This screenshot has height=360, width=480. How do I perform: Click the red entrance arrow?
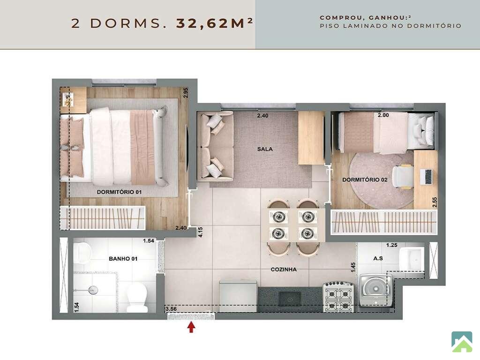(x=191, y=327)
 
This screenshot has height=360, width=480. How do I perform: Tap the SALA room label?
(x=265, y=149)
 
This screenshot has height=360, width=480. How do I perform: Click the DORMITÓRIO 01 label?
(x=119, y=192)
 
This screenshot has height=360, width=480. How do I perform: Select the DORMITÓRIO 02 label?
(x=365, y=180)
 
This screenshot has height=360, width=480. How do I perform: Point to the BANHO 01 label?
(x=123, y=259)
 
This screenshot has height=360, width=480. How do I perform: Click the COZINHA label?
(x=284, y=270)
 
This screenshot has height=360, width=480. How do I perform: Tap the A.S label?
(x=378, y=258)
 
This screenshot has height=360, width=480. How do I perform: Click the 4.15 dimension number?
(x=201, y=232)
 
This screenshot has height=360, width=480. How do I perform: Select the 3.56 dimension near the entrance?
(x=171, y=309)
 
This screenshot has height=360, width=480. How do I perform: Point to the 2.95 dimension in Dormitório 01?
(x=185, y=93)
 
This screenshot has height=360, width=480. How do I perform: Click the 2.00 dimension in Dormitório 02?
(x=383, y=115)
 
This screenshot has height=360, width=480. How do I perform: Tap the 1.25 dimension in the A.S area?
(x=391, y=245)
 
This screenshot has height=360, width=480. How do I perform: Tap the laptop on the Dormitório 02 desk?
(x=426, y=177)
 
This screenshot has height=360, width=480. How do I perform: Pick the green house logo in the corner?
(x=462, y=342)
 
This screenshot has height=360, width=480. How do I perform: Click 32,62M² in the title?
(x=214, y=23)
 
